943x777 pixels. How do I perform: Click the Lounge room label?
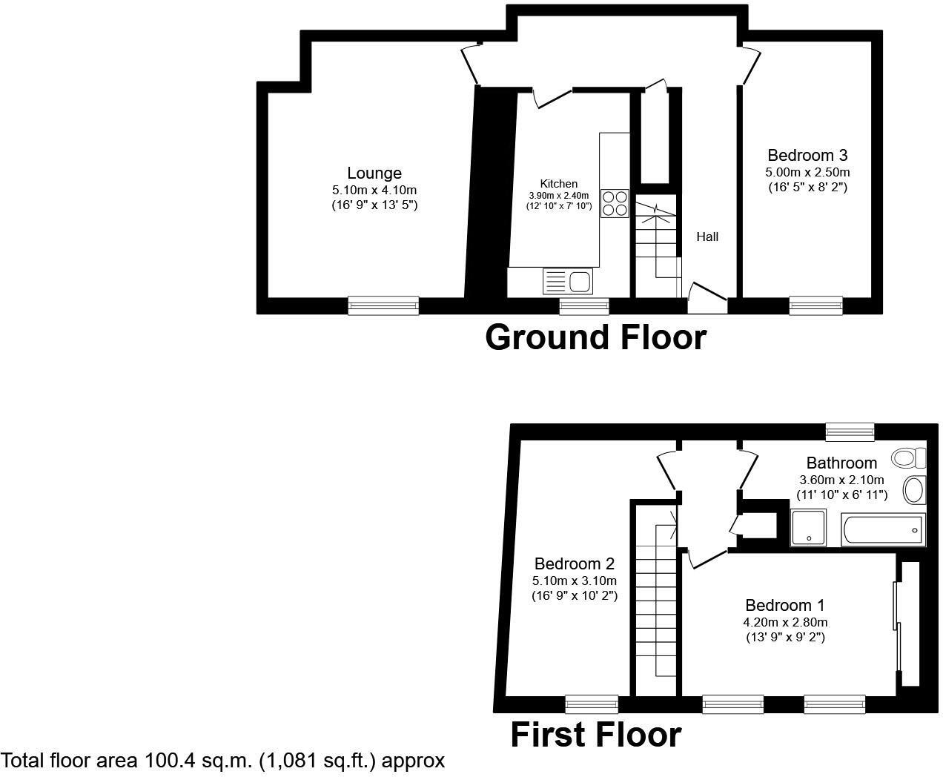click(374, 173)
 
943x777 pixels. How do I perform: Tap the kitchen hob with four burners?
click(615, 204)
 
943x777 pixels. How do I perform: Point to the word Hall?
click(707, 237)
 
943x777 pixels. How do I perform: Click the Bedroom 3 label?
click(807, 156)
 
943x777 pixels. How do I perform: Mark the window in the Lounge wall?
click(383, 305)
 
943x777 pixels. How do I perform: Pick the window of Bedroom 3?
click(815, 305)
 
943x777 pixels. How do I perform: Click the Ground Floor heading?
click(595, 337)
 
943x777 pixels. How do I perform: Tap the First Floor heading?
click(595, 735)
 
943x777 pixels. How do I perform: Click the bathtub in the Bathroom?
click(883, 529)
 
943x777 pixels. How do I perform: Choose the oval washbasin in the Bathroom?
click(915, 490)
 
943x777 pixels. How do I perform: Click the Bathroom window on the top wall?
click(850, 432)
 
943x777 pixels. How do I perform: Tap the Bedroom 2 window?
click(591, 704)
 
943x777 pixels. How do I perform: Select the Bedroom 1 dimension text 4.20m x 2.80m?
click(785, 623)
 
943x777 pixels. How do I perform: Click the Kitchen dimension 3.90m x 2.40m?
click(559, 196)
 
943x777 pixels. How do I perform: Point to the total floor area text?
click(223, 761)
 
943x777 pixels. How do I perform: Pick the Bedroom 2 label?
click(574, 564)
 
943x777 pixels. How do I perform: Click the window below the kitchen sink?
click(584, 305)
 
